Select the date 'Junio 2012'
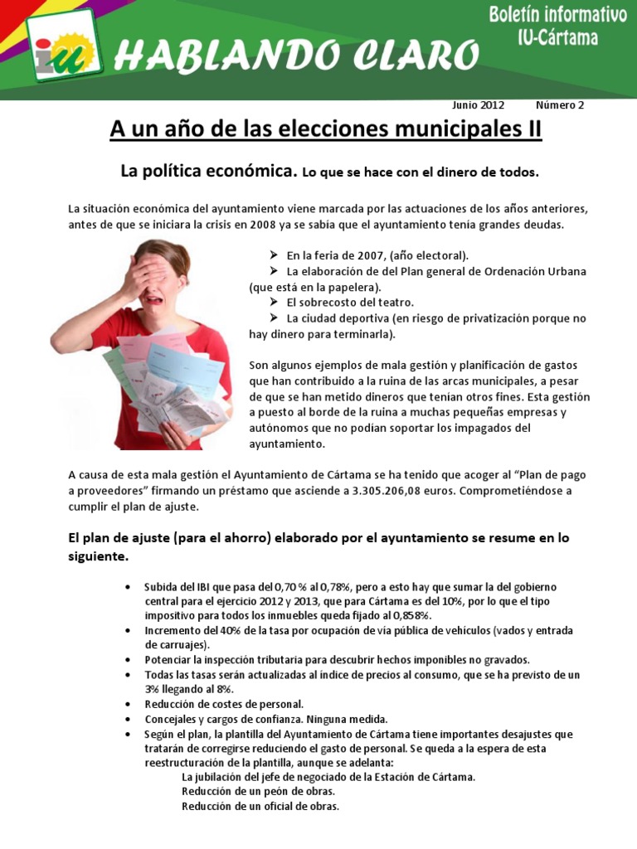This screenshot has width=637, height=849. tap(478, 105)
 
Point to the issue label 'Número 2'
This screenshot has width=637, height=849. tap(560, 105)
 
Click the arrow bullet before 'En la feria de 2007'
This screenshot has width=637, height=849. tap(275, 255)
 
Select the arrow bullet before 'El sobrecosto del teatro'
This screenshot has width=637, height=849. tap(275, 303)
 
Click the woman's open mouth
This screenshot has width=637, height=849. tap(155, 300)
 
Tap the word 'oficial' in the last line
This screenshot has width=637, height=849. tap(277, 806)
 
